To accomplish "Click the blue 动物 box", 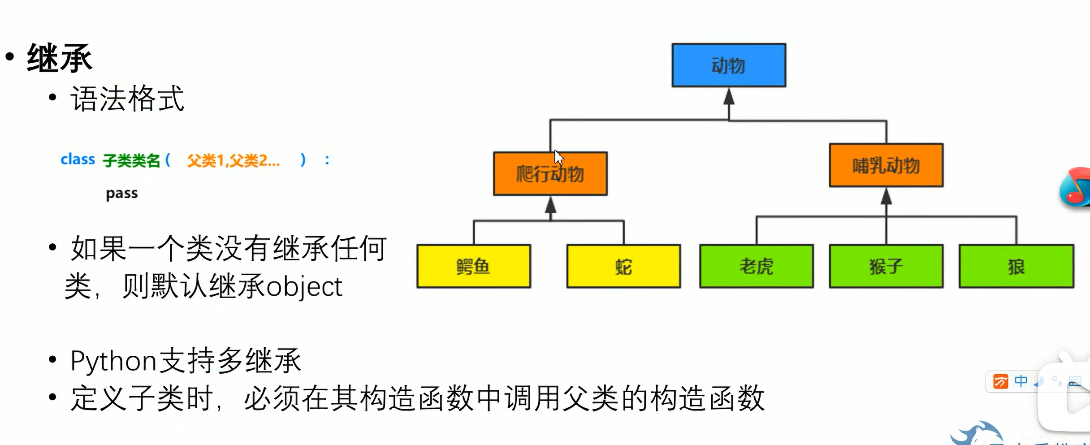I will click(728, 65).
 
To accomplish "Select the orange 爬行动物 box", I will click(550, 174).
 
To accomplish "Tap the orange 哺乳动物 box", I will click(886, 165).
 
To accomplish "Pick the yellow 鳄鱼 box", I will click(474, 266).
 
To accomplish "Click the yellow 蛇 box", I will click(623, 266).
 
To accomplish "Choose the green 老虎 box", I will click(757, 266).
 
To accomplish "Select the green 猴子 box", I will click(886, 266).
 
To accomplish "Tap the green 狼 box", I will click(1016, 266).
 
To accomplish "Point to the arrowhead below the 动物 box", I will click(729, 97).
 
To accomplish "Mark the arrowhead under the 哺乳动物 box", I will click(886, 196).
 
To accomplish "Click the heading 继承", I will click(60, 58).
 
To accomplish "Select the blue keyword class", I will click(78, 159).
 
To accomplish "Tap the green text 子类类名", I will click(131, 160).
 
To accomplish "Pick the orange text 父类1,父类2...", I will click(233, 160).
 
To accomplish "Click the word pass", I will click(121, 193).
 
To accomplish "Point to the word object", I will click(304, 287).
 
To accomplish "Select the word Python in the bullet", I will click(113, 361).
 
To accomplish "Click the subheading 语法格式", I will click(127, 99).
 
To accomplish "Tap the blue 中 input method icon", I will click(1021, 381).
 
